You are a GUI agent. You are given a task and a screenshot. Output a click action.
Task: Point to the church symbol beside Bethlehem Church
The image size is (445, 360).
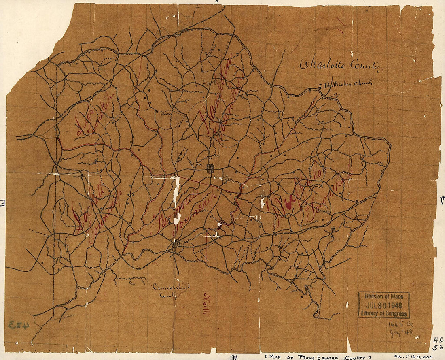(320, 85)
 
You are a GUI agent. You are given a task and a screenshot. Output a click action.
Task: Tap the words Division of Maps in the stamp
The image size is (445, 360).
(384, 296)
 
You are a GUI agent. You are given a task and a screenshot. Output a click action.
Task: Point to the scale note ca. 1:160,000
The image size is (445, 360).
(413, 356)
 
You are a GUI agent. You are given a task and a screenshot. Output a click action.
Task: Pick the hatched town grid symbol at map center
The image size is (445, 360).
(210, 168)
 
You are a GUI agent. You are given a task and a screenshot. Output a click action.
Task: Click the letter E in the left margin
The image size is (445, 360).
(2, 202)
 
